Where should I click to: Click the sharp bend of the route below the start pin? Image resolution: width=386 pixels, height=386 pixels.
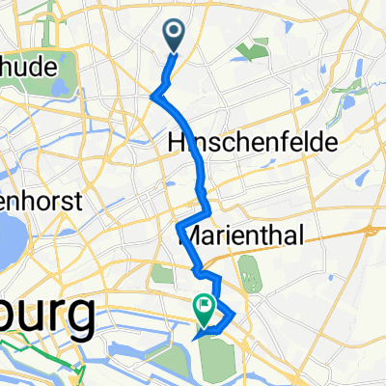coord(154,94)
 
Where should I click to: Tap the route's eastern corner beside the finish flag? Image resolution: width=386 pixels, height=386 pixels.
coord(234,314)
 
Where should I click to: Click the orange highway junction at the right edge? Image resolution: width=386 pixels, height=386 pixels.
coord(371,232)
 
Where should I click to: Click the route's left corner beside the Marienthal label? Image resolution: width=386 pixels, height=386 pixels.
coord(179,226)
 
